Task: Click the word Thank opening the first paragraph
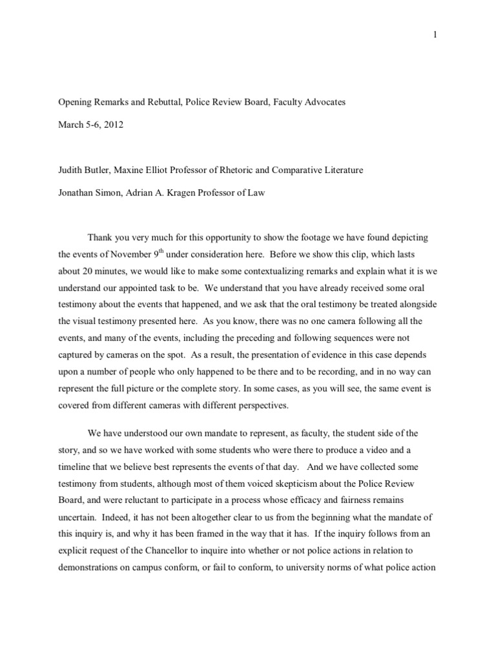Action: [x=103, y=238]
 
